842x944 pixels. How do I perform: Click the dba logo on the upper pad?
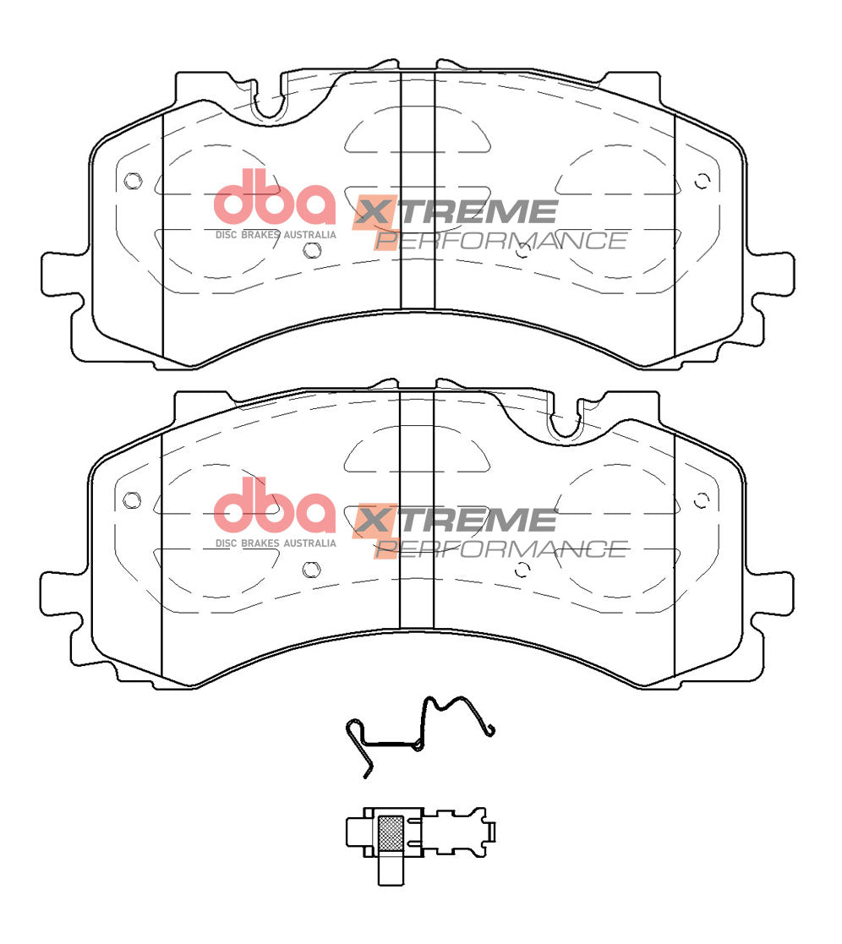(x=274, y=197)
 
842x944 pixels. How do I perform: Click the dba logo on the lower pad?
(x=274, y=505)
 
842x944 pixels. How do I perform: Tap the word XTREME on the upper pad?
(x=457, y=212)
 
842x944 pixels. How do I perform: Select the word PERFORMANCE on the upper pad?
(x=500, y=240)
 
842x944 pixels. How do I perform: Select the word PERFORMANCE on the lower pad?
(x=500, y=548)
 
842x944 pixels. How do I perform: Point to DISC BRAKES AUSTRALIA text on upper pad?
(x=276, y=234)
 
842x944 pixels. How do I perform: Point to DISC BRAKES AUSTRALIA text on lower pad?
(x=276, y=543)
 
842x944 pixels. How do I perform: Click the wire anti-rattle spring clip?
(x=419, y=732)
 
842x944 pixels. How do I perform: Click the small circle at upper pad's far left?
(x=130, y=181)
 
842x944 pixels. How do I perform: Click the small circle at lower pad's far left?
(x=130, y=499)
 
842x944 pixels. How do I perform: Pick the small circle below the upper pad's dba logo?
(x=311, y=249)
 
